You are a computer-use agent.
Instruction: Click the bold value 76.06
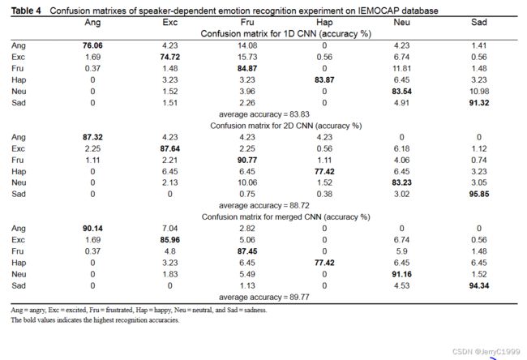92,45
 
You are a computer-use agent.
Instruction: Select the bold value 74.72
170,57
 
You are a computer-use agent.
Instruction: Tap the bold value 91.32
479,102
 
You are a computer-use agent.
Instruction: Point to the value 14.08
247,45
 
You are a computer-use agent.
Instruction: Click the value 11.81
401,68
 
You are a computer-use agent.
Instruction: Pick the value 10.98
479,91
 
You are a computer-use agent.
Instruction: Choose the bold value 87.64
170,148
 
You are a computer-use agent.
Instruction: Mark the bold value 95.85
479,194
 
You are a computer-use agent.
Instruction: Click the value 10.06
247,182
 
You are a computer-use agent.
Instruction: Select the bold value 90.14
92,228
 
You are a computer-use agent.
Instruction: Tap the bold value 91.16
401,274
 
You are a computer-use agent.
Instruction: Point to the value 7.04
170,228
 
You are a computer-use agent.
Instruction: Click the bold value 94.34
479,285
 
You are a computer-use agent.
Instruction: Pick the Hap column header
324,23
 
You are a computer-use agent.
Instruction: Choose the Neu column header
401,22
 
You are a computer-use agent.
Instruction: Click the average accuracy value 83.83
299,114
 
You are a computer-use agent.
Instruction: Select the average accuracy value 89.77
299,297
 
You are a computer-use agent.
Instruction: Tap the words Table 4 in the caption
26,11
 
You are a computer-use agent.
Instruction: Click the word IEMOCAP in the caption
375,11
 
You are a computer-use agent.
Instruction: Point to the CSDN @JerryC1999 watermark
486,352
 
